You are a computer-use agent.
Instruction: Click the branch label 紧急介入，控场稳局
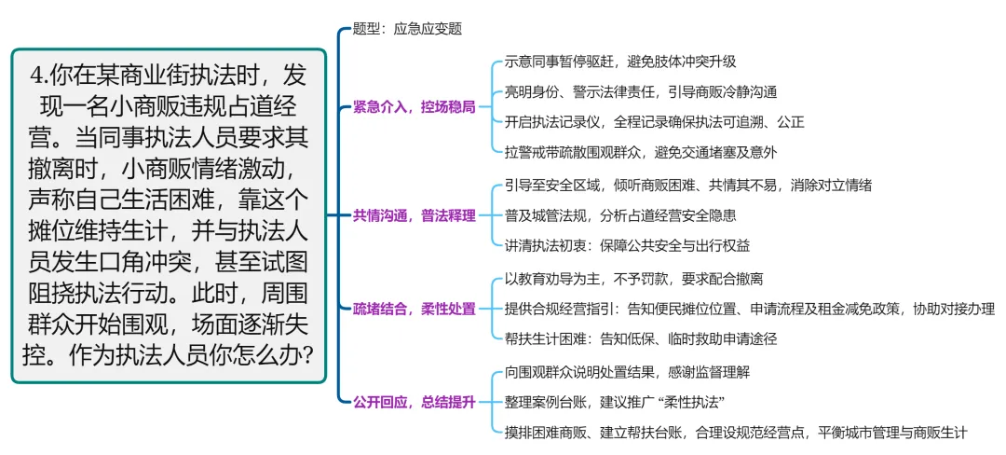(x=414, y=106)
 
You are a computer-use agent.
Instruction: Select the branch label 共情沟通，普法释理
(x=414, y=215)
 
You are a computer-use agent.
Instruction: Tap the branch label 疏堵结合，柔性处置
(x=414, y=309)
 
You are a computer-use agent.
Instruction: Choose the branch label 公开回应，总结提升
(x=414, y=402)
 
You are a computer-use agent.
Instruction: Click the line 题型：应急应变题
(x=407, y=29)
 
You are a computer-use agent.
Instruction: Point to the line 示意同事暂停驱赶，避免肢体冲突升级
(x=620, y=62)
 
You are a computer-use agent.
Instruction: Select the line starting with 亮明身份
(x=641, y=91)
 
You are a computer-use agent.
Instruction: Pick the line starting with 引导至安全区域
(x=688, y=186)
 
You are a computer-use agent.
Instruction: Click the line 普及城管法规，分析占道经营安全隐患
(x=620, y=215)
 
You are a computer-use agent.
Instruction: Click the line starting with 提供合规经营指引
(x=750, y=309)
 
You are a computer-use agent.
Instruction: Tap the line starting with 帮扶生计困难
(x=641, y=338)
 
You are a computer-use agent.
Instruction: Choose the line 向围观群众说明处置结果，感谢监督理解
(x=627, y=372)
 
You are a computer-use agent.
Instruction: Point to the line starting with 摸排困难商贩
(x=736, y=432)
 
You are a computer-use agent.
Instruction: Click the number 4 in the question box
(x=38, y=75)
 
